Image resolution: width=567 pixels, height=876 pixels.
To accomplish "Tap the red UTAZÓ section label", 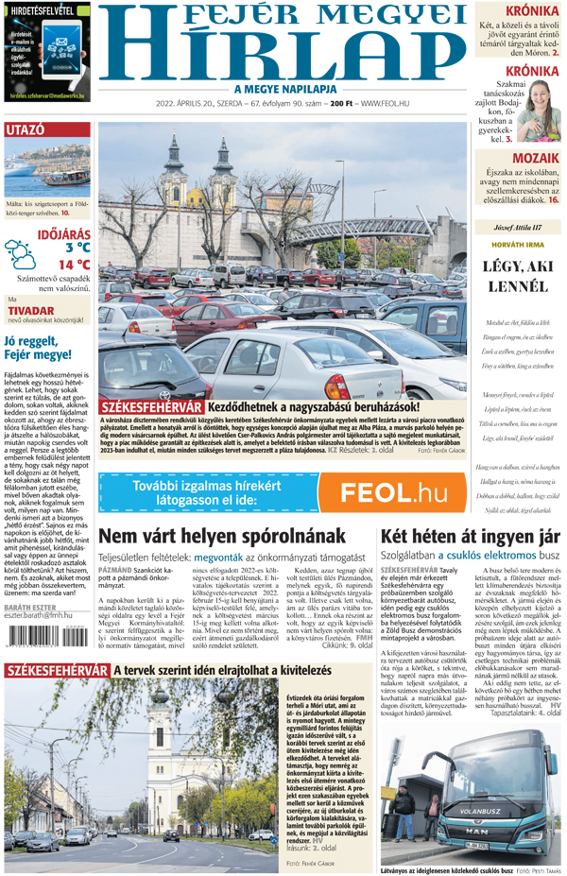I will tap(26, 130).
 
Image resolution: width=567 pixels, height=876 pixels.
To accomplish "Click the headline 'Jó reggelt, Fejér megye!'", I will tap(38, 348).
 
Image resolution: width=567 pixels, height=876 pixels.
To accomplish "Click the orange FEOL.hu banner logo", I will tap(392, 492).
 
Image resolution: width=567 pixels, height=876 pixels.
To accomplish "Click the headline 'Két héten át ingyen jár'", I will tap(469, 537).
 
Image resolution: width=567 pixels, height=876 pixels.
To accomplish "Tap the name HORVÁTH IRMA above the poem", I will tap(517, 245).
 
